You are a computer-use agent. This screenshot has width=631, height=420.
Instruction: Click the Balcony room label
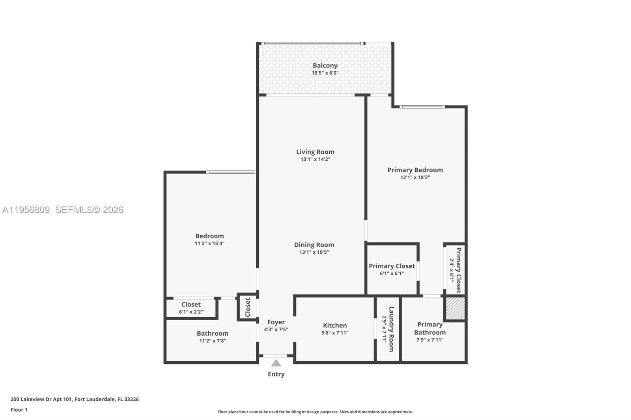pos(325,65)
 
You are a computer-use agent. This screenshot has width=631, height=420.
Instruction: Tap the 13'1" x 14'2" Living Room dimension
pos(315,159)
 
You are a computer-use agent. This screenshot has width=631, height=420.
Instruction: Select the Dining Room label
pos(314,245)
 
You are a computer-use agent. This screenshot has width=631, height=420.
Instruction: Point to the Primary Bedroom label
pos(415,170)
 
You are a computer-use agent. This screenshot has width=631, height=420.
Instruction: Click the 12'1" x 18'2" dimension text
pos(415,177)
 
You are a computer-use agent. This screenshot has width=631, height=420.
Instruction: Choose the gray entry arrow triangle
pos(276,363)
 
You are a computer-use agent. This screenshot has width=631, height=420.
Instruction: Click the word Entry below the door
pos(276,374)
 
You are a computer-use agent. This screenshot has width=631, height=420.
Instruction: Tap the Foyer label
pos(276,322)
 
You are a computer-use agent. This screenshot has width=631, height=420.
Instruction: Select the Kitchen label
pos(335,325)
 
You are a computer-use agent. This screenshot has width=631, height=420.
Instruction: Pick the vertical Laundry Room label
pos(391,329)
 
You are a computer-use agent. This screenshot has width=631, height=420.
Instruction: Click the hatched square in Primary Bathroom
pos(455,308)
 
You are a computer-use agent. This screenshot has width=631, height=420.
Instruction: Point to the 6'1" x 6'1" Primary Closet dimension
pos(392,273)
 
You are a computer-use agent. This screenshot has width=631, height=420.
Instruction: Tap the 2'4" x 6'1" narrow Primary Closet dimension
pos(452,270)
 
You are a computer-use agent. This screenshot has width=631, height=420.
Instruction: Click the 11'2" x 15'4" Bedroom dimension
pos(209,243)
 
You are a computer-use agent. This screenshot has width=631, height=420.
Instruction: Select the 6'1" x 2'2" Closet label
pos(191,304)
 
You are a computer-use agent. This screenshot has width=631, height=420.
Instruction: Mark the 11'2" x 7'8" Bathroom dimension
pos(213,341)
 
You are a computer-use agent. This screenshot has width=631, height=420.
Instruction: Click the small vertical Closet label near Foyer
pos(248,307)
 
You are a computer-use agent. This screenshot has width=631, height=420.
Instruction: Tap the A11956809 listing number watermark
pos(26,210)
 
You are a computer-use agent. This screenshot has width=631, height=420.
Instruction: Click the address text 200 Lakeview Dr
pos(41,399)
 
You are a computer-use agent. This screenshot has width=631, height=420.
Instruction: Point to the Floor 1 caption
pos(19,410)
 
